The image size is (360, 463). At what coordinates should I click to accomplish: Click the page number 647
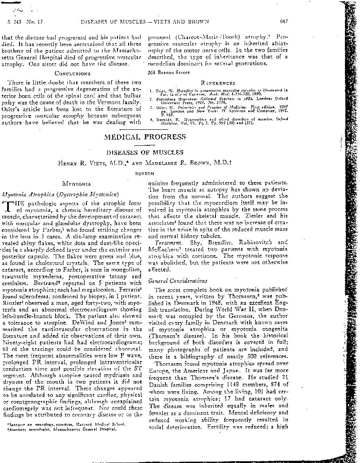point(285,21)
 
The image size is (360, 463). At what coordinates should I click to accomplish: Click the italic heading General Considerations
point(171,280)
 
